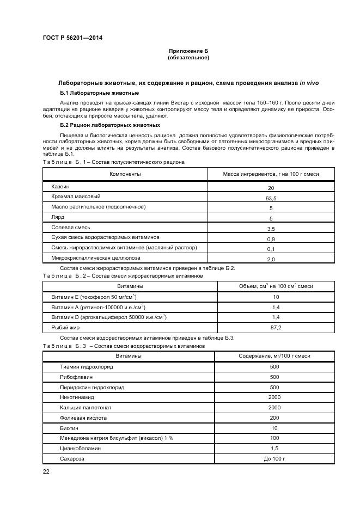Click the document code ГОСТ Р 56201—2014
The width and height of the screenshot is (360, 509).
[x=72, y=38]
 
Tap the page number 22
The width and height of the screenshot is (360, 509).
[x=46, y=471]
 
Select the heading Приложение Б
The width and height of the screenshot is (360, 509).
[x=188, y=51]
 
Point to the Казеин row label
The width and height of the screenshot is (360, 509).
[x=60, y=187]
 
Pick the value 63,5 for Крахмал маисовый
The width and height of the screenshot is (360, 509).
[x=271, y=199]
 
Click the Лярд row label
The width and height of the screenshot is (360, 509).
[x=58, y=217]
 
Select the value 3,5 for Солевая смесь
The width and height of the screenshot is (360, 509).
[x=271, y=229]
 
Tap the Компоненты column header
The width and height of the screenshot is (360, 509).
[x=125, y=174]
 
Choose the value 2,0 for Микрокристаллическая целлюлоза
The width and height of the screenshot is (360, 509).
[x=271, y=259]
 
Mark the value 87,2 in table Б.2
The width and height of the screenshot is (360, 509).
[x=276, y=327]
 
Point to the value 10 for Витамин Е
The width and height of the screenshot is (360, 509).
[x=276, y=297]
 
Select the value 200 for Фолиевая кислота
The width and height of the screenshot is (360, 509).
[x=274, y=418]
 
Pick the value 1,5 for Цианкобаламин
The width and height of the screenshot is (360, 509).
[x=274, y=449]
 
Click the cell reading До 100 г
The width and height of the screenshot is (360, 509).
[x=274, y=459]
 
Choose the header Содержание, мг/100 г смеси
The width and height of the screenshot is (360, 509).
[x=274, y=355]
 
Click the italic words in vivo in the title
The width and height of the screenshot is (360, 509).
[x=309, y=83]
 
